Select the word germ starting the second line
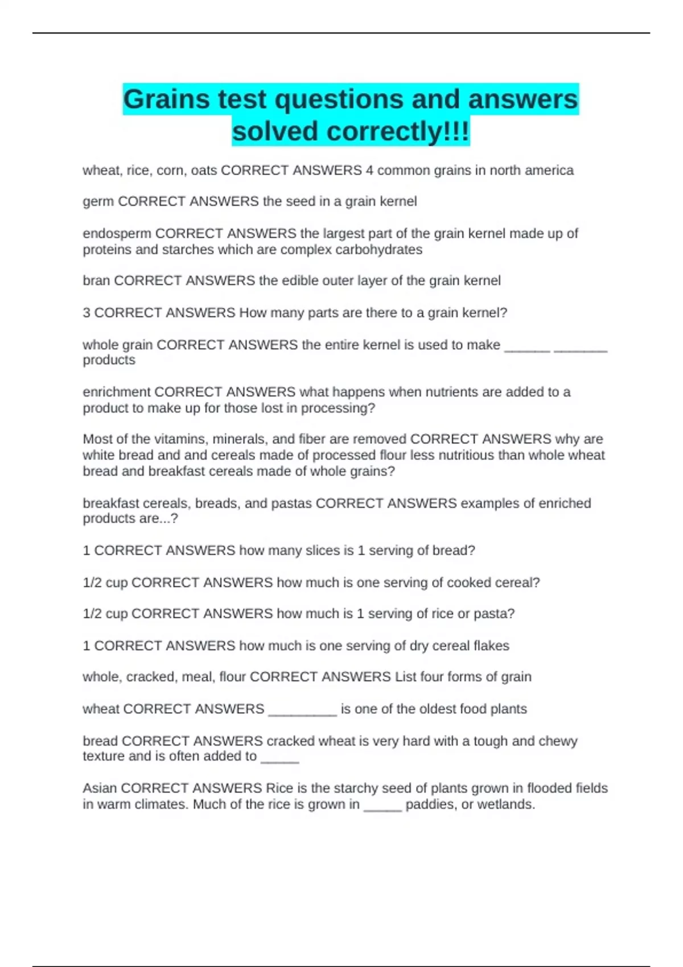pyautogui.click(x=98, y=202)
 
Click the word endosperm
pyautogui.click(x=117, y=234)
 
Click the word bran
pyautogui.click(x=96, y=281)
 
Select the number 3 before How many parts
pyautogui.click(x=87, y=313)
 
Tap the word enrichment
pyautogui.click(x=117, y=392)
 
